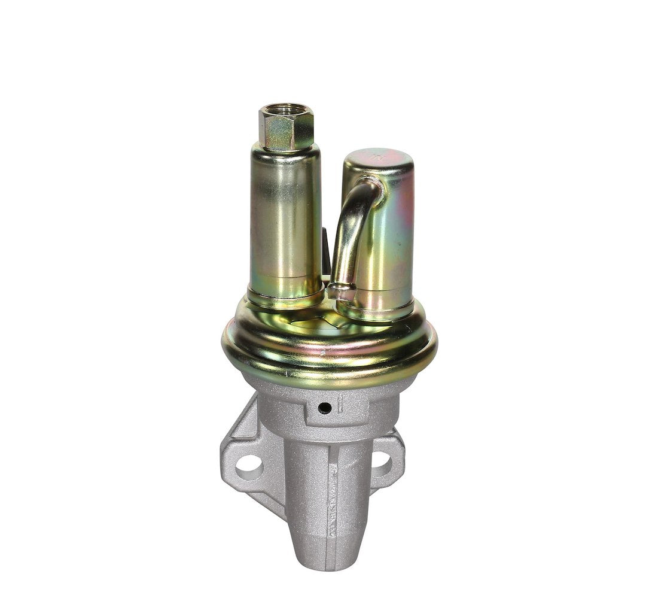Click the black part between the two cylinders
326,251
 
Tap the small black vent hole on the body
324,408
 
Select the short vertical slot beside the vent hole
339,402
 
